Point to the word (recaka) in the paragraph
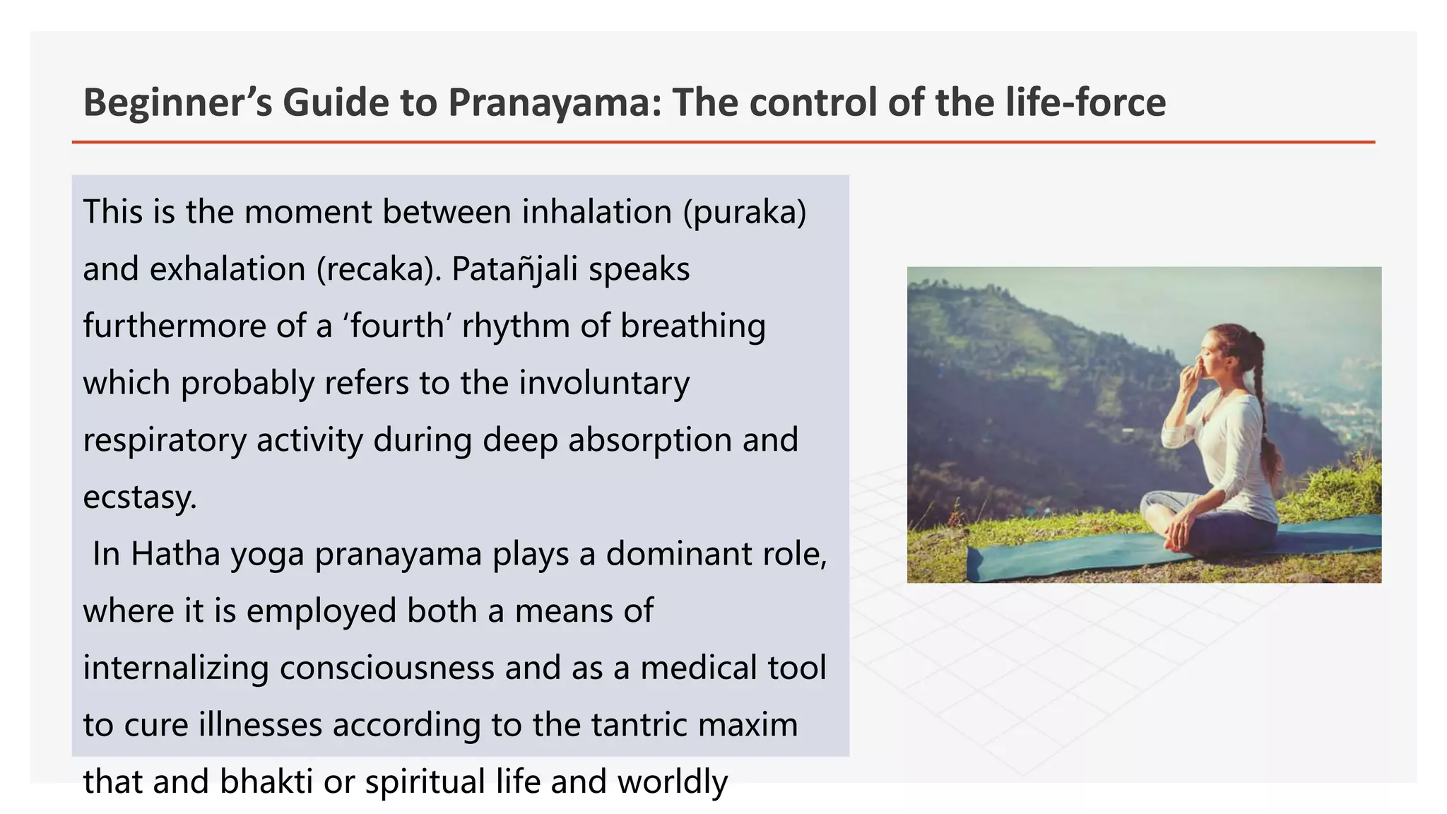pos(379,269)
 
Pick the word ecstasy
pos(139,497)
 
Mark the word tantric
pos(634,725)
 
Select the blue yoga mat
pos(1060,558)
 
